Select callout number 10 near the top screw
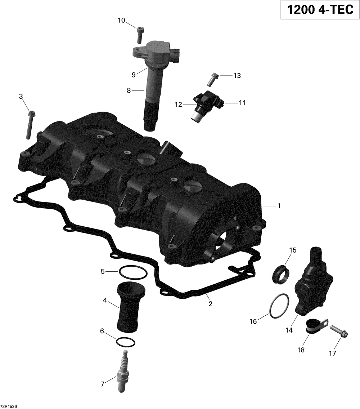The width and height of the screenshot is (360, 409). (x=121, y=20)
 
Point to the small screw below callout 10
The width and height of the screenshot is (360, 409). (x=140, y=35)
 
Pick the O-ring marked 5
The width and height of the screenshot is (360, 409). (x=133, y=273)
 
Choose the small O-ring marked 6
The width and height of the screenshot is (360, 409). (x=125, y=342)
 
